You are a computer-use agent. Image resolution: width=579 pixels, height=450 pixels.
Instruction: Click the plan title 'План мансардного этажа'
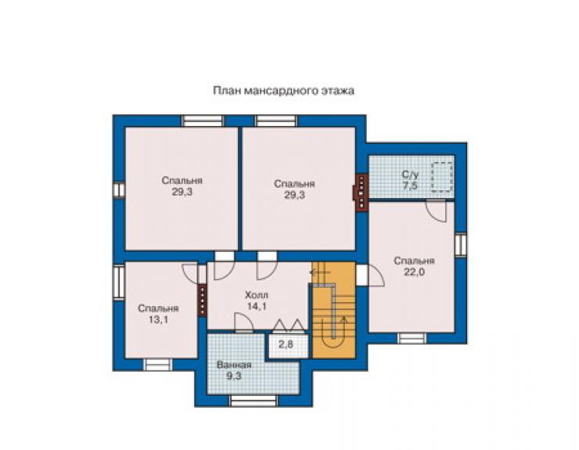tap(283, 91)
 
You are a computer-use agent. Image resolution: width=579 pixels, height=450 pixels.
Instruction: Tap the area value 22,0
tap(414, 272)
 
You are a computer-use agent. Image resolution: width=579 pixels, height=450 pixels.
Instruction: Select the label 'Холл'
tap(257, 295)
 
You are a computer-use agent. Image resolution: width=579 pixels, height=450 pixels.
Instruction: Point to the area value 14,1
tap(257, 306)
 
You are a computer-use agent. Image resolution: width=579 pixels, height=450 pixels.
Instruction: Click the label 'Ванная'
tap(234, 365)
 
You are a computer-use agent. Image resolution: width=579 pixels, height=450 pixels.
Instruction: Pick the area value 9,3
tap(234, 376)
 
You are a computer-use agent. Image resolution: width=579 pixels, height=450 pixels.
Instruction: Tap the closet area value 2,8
tap(286, 344)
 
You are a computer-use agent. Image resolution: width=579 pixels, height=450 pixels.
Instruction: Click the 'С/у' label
tap(410, 174)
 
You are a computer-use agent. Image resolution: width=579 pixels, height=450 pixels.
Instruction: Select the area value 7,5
tap(410, 185)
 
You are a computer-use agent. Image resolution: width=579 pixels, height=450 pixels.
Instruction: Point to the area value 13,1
tap(158, 319)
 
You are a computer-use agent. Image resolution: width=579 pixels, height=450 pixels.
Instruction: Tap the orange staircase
tap(334, 310)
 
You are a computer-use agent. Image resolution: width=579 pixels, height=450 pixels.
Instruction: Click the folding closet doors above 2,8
tap(289, 325)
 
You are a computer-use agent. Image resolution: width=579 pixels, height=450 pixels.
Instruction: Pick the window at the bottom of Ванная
tap(254, 401)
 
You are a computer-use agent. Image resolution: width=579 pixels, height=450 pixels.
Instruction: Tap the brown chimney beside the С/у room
tap(361, 193)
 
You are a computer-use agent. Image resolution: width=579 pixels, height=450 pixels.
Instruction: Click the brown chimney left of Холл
tap(202, 301)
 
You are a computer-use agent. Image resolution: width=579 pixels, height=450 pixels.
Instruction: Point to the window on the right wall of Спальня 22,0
tap(461, 245)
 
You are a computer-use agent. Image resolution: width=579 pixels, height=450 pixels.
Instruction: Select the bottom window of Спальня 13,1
tap(157, 365)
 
